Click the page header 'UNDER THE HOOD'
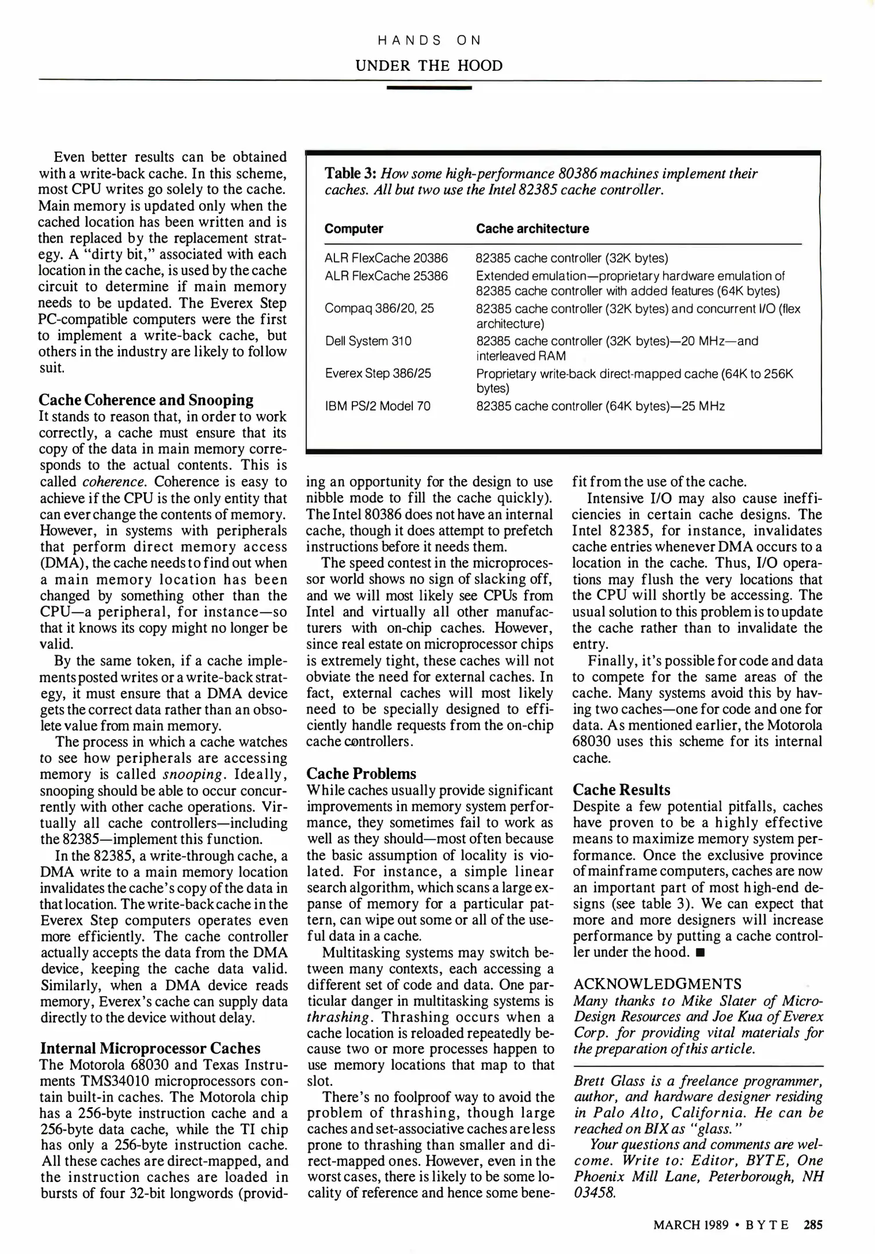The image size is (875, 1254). (429, 66)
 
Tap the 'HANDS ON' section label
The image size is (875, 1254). (429, 40)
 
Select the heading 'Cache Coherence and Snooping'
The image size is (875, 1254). (146, 400)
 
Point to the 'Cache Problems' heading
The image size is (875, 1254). (361, 774)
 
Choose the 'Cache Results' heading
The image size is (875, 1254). (621, 790)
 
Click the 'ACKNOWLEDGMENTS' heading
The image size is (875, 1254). (657, 984)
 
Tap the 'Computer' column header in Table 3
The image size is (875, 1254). (354, 229)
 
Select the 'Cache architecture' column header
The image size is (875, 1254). (532, 229)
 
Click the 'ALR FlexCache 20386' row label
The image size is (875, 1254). (386, 258)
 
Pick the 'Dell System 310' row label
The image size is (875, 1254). (368, 341)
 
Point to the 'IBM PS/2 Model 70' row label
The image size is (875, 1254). (377, 406)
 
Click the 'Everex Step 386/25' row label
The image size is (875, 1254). (378, 373)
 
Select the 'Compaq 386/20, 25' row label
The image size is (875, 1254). (379, 308)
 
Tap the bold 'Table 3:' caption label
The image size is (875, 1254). (350, 174)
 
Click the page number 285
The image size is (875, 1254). (813, 1225)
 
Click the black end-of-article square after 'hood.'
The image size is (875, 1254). (700, 953)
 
